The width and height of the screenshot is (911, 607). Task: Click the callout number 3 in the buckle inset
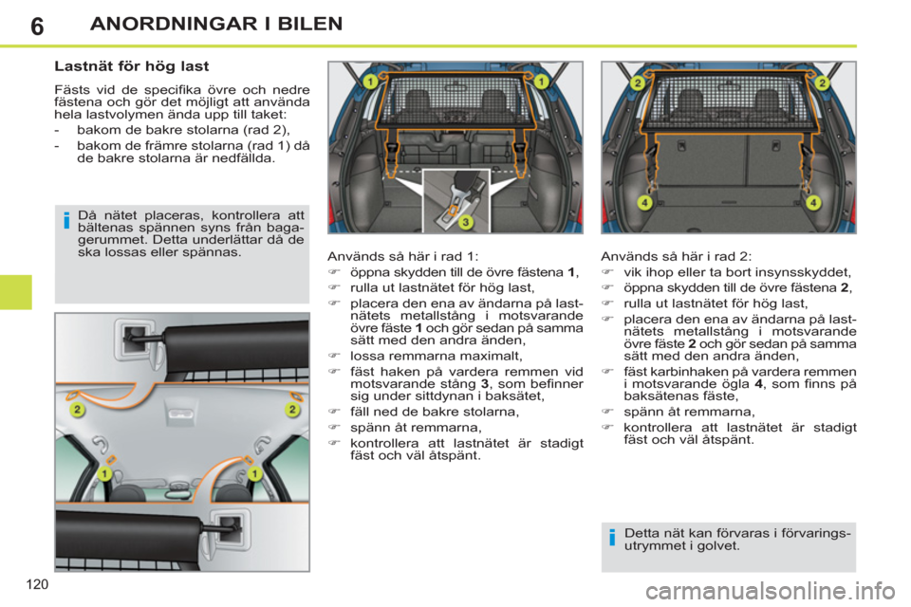(x=465, y=222)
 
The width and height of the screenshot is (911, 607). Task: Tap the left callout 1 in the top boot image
(x=370, y=83)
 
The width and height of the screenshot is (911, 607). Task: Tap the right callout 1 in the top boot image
(x=540, y=83)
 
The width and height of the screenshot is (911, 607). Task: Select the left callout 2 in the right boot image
(x=638, y=83)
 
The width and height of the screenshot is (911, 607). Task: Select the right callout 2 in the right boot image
(x=822, y=83)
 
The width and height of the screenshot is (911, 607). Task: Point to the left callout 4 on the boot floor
(x=643, y=202)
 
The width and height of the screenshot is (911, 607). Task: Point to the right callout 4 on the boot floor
(x=813, y=202)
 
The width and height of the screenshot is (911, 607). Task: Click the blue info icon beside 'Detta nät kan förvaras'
(x=613, y=540)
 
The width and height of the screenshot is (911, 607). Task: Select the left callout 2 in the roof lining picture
(x=75, y=409)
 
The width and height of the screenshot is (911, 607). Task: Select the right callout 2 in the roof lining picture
(x=293, y=409)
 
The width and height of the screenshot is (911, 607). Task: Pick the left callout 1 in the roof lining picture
(x=106, y=471)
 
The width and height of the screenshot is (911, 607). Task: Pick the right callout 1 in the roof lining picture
(x=255, y=471)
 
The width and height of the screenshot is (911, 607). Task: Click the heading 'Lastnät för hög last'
(x=132, y=67)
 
